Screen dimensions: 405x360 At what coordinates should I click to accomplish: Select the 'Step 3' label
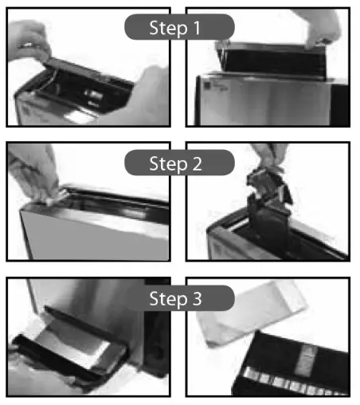point(179,298)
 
